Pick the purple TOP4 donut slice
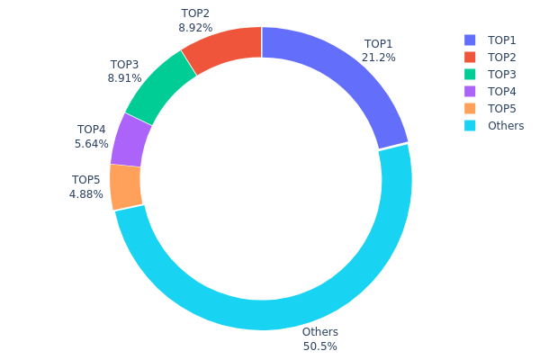[x=131, y=139]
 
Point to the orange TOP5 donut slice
[x=126, y=186]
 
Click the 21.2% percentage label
[x=379, y=58]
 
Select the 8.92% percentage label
[x=195, y=28]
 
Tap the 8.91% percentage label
[x=124, y=78]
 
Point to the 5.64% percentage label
[x=92, y=143]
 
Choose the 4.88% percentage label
[x=86, y=193]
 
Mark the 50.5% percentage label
[x=319, y=346]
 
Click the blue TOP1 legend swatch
[x=470, y=40]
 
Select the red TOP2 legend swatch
[x=470, y=58]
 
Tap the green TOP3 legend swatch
[x=470, y=75]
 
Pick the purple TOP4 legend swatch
[x=470, y=92]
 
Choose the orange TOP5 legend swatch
[x=470, y=109]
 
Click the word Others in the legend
[x=506, y=126]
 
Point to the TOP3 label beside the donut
[x=124, y=65]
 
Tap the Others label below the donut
[x=319, y=332]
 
